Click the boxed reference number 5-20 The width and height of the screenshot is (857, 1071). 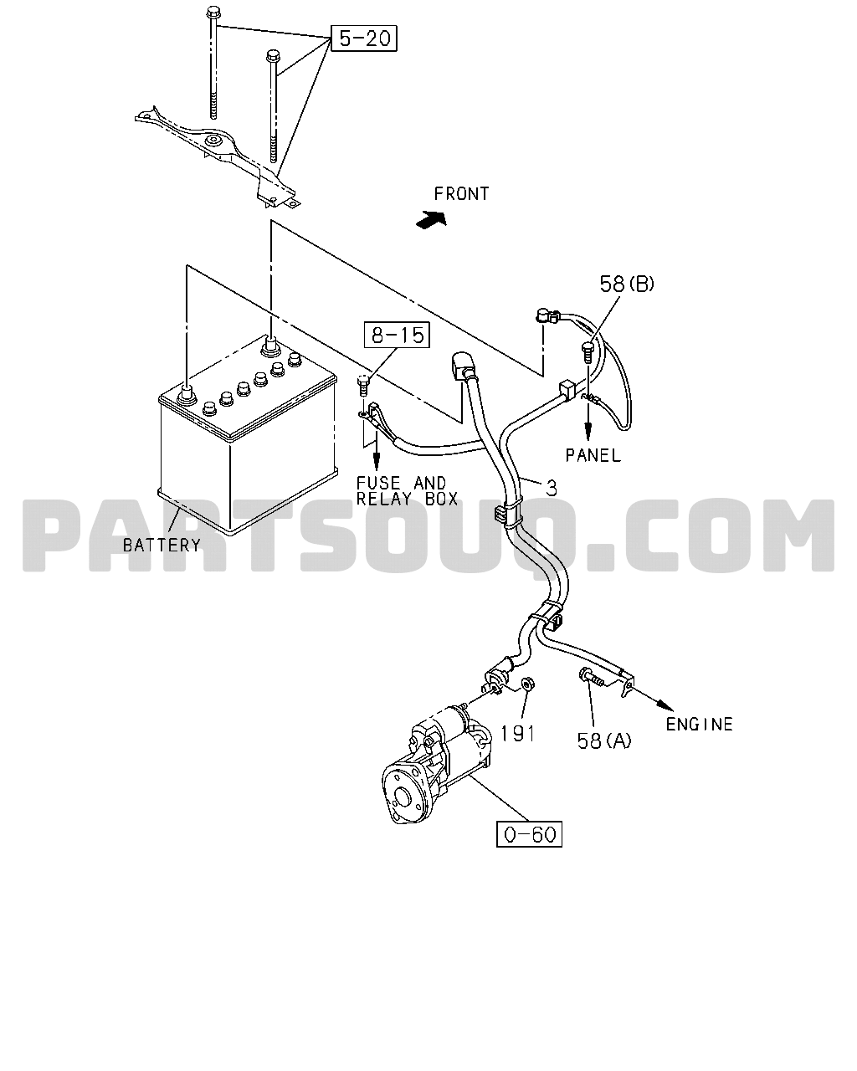364,38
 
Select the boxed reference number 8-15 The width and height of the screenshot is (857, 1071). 397,335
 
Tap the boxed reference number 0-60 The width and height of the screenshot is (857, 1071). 529,834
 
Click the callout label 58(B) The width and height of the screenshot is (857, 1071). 627,284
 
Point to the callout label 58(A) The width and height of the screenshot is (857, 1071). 604,741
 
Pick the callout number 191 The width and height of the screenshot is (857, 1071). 517,734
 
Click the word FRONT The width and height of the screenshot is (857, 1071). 462,193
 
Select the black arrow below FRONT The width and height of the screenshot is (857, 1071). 431,218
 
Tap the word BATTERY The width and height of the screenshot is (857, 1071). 162,546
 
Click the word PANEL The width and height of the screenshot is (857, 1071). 593,455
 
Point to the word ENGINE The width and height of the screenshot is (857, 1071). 699,724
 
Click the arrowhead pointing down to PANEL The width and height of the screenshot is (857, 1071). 588,432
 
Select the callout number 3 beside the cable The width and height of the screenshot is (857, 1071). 552,488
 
